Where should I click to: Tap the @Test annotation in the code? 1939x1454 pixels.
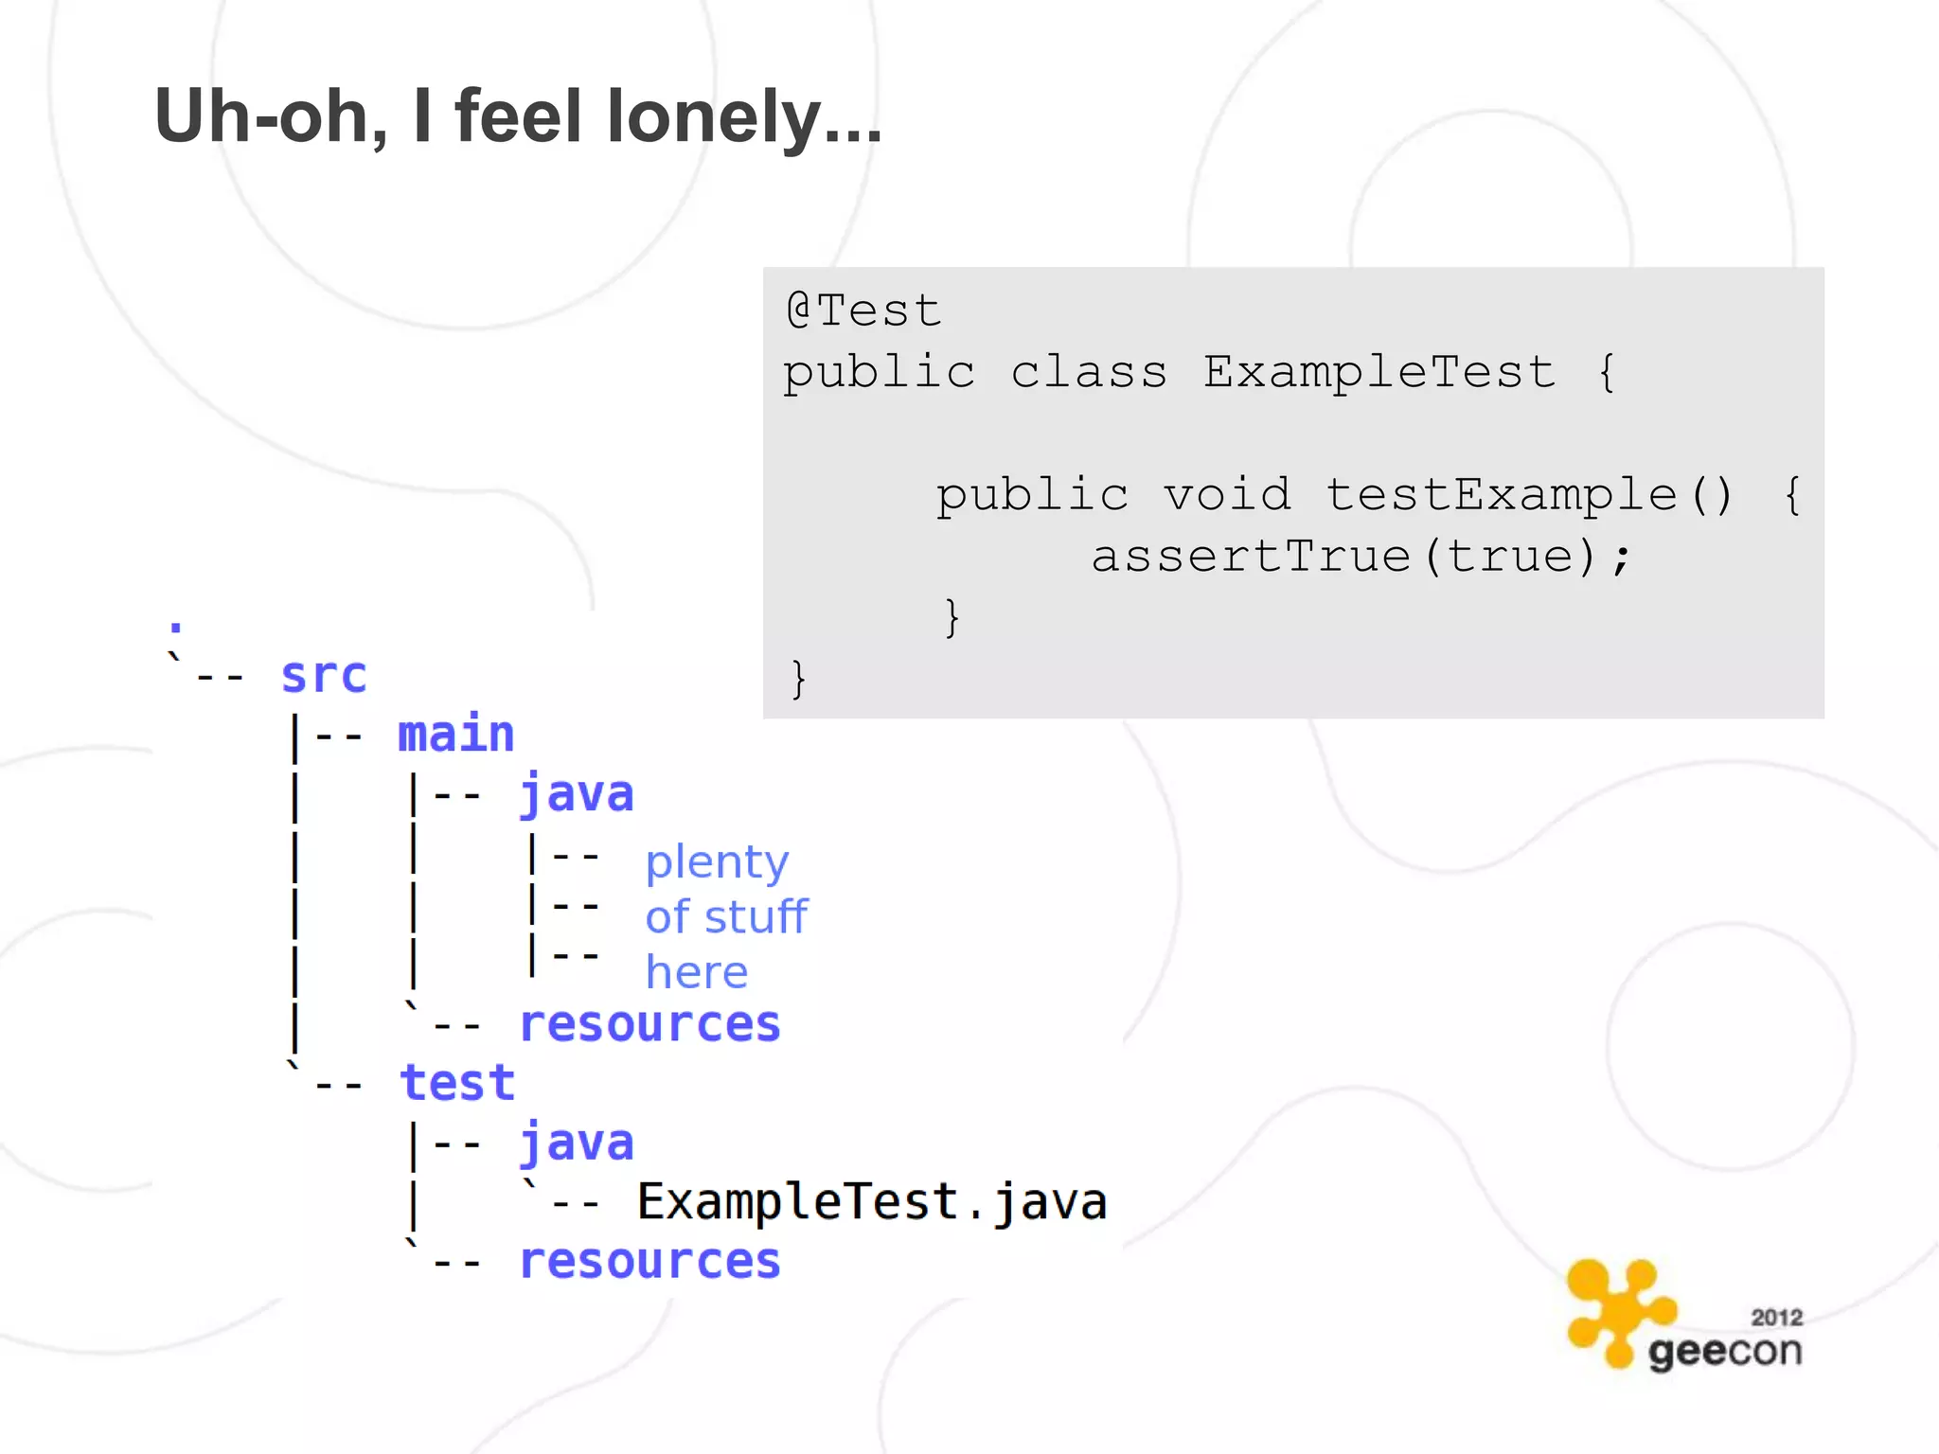(x=863, y=310)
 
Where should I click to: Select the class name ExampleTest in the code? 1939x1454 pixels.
(x=1379, y=371)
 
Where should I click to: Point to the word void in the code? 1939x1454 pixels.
(x=1227, y=494)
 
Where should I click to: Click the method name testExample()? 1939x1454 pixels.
(x=1528, y=494)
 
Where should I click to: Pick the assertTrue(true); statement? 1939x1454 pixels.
(x=1361, y=556)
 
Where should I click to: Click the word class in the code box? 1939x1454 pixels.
(x=1089, y=371)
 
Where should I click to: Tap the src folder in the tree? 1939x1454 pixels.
(x=324, y=676)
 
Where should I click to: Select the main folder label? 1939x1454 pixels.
(x=455, y=736)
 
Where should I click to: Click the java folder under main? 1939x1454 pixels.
(x=577, y=794)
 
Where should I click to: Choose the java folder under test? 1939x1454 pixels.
(x=577, y=1143)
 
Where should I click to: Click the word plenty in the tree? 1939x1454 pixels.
(x=717, y=862)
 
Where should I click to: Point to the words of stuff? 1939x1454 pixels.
(x=726, y=917)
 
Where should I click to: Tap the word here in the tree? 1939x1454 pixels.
(x=697, y=972)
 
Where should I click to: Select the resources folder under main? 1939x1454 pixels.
(x=650, y=1024)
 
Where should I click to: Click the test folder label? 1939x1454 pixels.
(x=457, y=1084)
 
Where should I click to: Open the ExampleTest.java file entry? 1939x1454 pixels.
(x=872, y=1202)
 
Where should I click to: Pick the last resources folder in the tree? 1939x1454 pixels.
(x=650, y=1261)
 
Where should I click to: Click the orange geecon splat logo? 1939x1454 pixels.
(x=1617, y=1310)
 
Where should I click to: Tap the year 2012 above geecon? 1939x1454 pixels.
(x=1776, y=1318)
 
